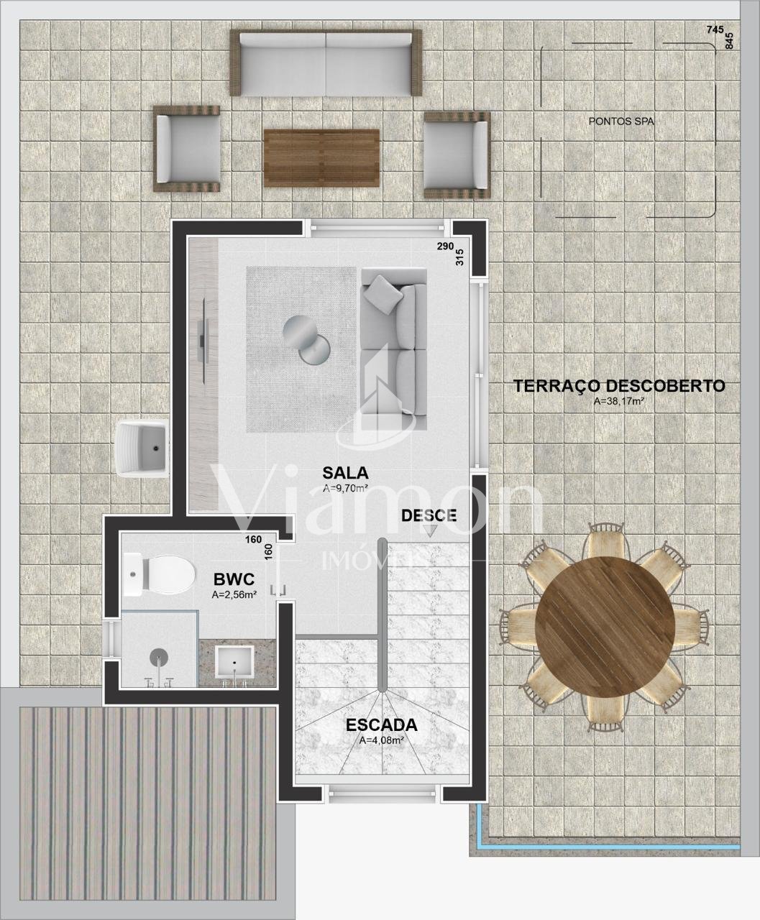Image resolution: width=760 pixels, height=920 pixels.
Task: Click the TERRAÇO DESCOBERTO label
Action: click(619, 386)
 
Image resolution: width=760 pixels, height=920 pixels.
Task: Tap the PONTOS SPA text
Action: click(621, 121)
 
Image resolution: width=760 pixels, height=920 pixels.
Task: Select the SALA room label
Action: click(345, 473)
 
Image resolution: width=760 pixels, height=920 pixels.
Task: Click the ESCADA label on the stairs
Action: click(381, 724)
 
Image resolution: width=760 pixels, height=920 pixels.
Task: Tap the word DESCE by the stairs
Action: click(429, 515)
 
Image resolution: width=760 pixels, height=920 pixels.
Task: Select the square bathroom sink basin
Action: click(234, 662)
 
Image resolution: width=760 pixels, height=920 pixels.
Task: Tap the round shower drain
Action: click(159, 658)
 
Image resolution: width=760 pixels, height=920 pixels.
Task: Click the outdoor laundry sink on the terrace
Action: click(142, 448)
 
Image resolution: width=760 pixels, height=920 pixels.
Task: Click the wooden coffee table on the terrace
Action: click(322, 157)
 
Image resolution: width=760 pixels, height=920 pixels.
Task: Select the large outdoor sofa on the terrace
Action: click(326, 63)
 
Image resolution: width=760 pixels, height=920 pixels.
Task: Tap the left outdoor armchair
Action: click(186, 149)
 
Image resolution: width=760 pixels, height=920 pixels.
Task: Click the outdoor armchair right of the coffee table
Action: click(457, 155)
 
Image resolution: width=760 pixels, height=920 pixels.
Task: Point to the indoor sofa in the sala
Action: click(394, 349)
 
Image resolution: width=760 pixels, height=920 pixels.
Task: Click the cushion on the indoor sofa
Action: click(383, 294)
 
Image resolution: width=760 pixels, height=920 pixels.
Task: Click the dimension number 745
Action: click(715, 30)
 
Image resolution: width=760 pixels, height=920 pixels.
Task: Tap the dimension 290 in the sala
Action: click(445, 247)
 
